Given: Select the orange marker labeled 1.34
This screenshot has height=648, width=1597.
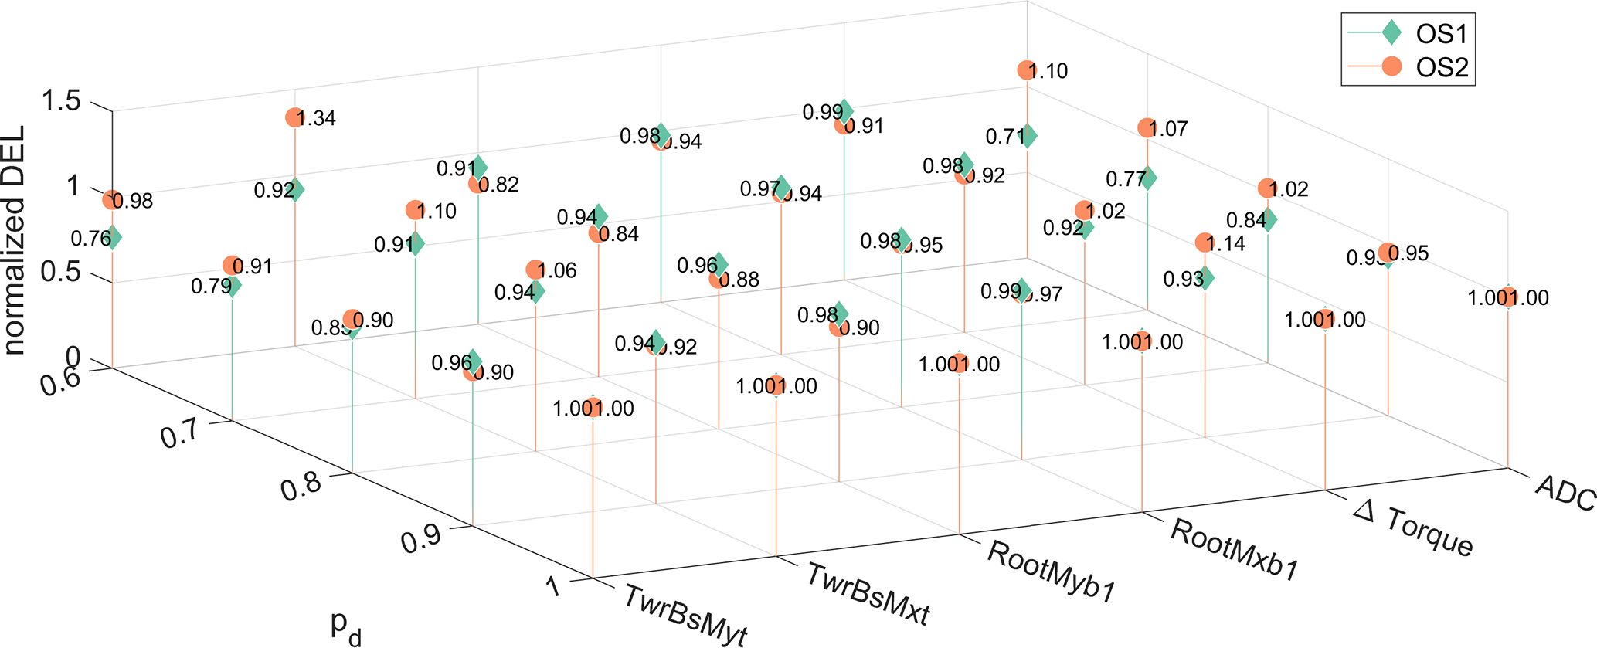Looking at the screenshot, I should click(294, 117).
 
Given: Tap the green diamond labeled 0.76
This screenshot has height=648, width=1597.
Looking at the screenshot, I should click(112, 237).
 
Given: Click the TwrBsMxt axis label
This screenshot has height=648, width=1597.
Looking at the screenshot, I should click(868, 593).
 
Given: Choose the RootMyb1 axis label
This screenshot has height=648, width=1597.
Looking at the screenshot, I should click(1052, 572).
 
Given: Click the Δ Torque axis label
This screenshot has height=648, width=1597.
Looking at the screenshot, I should click(1413, 528).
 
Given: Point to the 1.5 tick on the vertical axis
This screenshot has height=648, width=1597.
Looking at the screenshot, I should click(63, 101).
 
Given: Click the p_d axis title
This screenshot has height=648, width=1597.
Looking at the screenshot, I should click(345, 626).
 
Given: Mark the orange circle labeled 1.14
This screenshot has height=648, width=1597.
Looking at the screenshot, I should click(1204, 243).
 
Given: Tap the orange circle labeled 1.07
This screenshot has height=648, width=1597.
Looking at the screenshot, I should click(1146, 128).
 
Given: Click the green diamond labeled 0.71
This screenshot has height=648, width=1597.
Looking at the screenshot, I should click(1027, 136).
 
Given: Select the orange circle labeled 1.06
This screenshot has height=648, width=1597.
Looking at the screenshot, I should click(535, 270).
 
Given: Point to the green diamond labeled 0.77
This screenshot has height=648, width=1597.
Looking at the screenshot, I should click(1147, 178).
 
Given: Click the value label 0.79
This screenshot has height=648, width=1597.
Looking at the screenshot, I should click(211, 287).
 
